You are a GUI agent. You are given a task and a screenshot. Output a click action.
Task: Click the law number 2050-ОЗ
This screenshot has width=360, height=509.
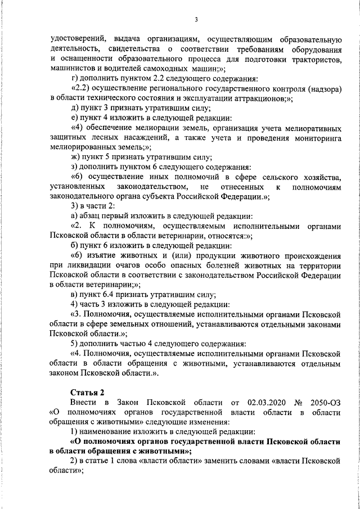click(x=326, y=402)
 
